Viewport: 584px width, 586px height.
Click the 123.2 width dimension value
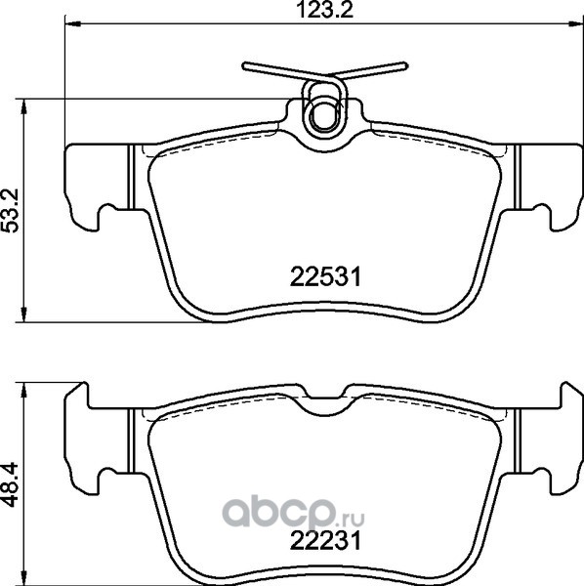(324, 10)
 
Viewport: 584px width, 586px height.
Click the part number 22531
(325, 277)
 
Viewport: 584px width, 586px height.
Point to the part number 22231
(325, 541)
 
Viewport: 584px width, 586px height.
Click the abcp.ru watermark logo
(293, 512)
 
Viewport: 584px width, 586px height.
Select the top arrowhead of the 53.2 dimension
(23, 106)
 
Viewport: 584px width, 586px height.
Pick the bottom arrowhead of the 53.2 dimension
(23, 314)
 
